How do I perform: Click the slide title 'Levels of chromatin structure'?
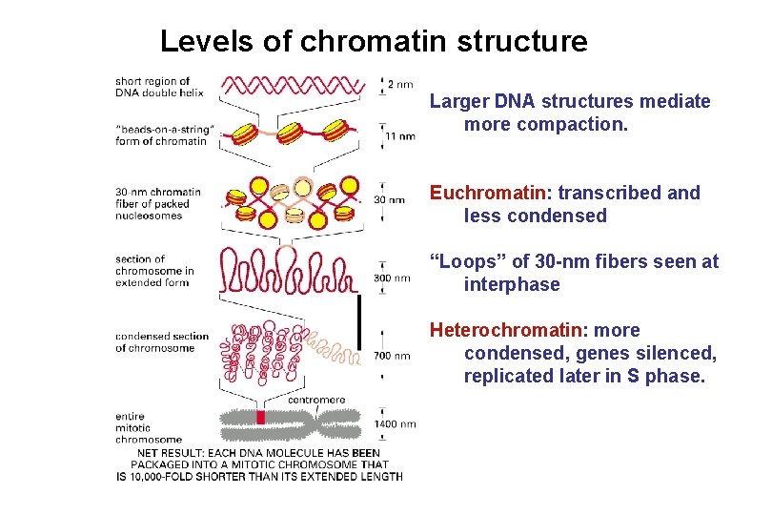374,42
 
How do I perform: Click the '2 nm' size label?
400,85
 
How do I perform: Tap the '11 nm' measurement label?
400,136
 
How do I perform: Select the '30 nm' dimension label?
388,200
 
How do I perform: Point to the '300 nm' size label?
392,278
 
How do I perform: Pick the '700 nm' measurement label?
392,356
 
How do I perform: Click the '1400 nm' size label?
395,423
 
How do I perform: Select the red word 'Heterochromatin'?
505,330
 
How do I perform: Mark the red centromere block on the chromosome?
259,419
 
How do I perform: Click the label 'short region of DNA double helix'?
152,87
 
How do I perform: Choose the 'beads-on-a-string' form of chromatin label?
161,134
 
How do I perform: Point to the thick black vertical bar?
360,321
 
